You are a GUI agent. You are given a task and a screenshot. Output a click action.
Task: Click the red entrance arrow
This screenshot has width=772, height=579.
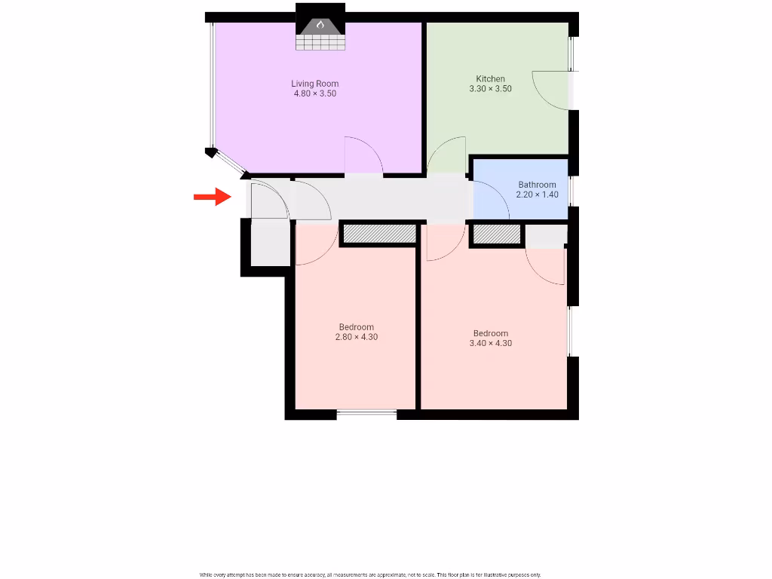pos(212,197)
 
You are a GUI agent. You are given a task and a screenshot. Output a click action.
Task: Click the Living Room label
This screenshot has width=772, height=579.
pos(315,84)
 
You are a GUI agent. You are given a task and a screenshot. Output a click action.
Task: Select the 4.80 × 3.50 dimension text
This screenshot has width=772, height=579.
pos(315,94)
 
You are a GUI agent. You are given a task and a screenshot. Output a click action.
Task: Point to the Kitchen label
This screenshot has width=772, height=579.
pos(490,78)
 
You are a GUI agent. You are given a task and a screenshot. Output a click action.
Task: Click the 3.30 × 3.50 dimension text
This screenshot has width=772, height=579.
pos(490,89)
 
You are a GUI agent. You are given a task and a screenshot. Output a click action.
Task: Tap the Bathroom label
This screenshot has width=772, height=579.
pos(537,185)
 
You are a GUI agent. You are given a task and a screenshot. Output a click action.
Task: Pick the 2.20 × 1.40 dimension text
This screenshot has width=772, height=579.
pos(537,195)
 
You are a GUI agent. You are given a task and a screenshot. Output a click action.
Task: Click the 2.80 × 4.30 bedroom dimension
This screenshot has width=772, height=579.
pos(356,337)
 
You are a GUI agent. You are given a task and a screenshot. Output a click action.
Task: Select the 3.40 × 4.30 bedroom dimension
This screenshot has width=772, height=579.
pos(490,343)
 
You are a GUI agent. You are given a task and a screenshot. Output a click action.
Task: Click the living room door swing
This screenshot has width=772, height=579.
pos(363,157)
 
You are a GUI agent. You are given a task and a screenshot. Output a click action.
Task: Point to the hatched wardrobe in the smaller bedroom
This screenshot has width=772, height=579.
pos(380,234)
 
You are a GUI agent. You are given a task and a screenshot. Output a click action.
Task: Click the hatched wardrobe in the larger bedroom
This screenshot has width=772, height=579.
pos(496,235)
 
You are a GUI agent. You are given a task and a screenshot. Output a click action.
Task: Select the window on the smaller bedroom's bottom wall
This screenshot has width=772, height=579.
pos(367,412)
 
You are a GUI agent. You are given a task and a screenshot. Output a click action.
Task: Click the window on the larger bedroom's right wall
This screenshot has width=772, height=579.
pos(570,331)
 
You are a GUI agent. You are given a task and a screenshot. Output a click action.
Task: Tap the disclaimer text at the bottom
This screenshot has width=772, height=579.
pos(370,574)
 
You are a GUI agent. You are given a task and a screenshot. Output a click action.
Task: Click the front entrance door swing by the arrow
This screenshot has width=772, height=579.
pos(269,201)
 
